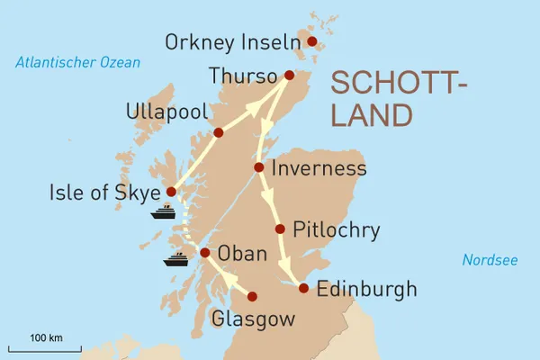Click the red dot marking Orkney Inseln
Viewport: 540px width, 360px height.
(312, 41)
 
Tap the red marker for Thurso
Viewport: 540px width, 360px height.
(289, 76)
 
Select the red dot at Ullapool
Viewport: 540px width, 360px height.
(218, 132)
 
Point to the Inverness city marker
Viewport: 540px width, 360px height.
(259, 167)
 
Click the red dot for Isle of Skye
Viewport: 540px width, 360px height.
(171, 192)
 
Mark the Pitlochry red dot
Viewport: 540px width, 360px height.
(281, 229)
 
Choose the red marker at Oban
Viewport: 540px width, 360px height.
(204, 253)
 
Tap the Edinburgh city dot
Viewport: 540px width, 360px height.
(304, 289)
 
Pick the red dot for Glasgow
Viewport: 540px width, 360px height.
(252, 296)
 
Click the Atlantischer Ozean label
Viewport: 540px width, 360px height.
(77, 62)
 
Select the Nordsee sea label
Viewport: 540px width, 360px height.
(490, 260)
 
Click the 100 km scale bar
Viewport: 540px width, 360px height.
(45, 347)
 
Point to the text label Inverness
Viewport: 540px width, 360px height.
(319, 168)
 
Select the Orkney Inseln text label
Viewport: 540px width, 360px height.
(231, 41)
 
